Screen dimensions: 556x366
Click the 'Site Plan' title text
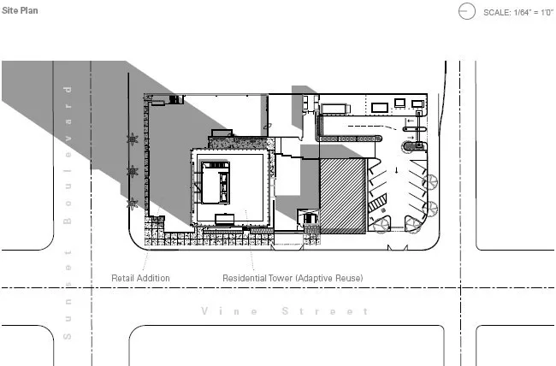point(20,10)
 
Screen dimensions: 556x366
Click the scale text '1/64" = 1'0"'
point(533,13)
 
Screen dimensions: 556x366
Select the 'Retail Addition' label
point(140,278)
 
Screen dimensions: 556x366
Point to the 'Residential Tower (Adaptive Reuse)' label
point(293,278)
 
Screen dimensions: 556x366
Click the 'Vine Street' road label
point(285,311)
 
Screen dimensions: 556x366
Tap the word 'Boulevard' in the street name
point(68,155)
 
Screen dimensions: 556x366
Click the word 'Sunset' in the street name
point(68,295)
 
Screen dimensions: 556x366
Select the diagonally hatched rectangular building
point(343,196)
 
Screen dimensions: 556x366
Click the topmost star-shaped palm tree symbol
point(133,139)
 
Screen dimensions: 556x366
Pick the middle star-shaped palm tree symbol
point(133,172)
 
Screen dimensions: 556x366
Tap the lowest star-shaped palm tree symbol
point(133,204)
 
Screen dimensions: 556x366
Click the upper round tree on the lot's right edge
point(430,182)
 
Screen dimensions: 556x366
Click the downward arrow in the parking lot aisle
point(396,170)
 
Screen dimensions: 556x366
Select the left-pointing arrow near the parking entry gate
point(410,121)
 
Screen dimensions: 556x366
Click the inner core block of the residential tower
point(216,182)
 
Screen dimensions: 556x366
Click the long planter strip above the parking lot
point(348,139)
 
